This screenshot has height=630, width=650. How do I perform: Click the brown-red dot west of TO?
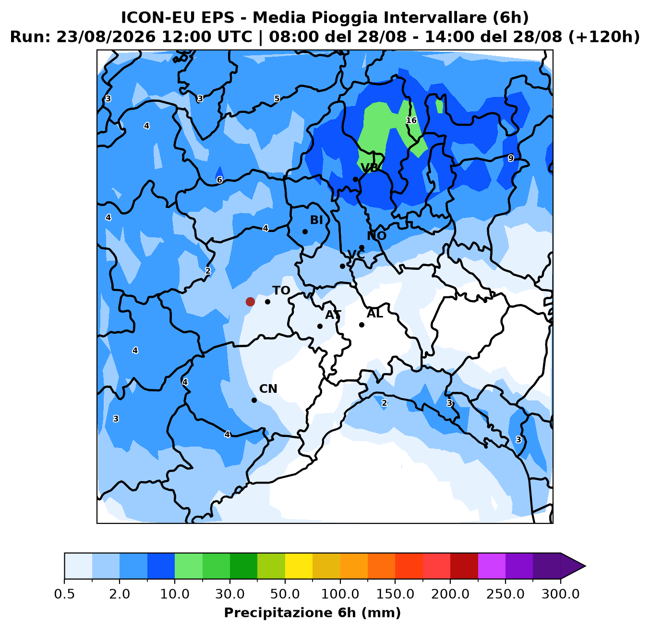click(x=250, y=302)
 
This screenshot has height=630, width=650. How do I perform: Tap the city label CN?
click(x=268, y=389)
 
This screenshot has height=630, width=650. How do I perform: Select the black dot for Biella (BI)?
click(x=305, y=231)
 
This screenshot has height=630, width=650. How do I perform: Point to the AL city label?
click(x=374, y=314)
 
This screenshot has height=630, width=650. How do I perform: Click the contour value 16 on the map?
click(x=411, y=120)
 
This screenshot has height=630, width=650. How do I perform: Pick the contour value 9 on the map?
click(x=511, y=158)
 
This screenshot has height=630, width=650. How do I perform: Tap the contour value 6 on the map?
click(x=219, y=180)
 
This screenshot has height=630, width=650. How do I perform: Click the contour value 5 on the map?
click(x=277, y=98)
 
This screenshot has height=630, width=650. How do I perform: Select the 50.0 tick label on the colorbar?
click(x=285, y=594)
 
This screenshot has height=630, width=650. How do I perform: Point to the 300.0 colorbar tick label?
click(x=561, y=594)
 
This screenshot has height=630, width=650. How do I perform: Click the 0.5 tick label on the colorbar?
click(x=64, y=594)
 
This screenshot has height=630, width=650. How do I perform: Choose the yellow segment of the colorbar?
click(x=299, y=566)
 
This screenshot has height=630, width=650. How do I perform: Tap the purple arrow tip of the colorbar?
click(x=585, y=566)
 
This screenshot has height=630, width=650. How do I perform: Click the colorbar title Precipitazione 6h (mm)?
click(x=313, y=613)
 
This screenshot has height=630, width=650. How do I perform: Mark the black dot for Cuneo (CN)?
click(x=254, y=400)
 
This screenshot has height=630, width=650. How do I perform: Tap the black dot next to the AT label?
click(x=320, y=326)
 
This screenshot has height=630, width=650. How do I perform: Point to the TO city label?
click(x=281, y=291)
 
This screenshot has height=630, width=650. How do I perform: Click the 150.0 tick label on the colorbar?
click(x=395, y=594)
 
